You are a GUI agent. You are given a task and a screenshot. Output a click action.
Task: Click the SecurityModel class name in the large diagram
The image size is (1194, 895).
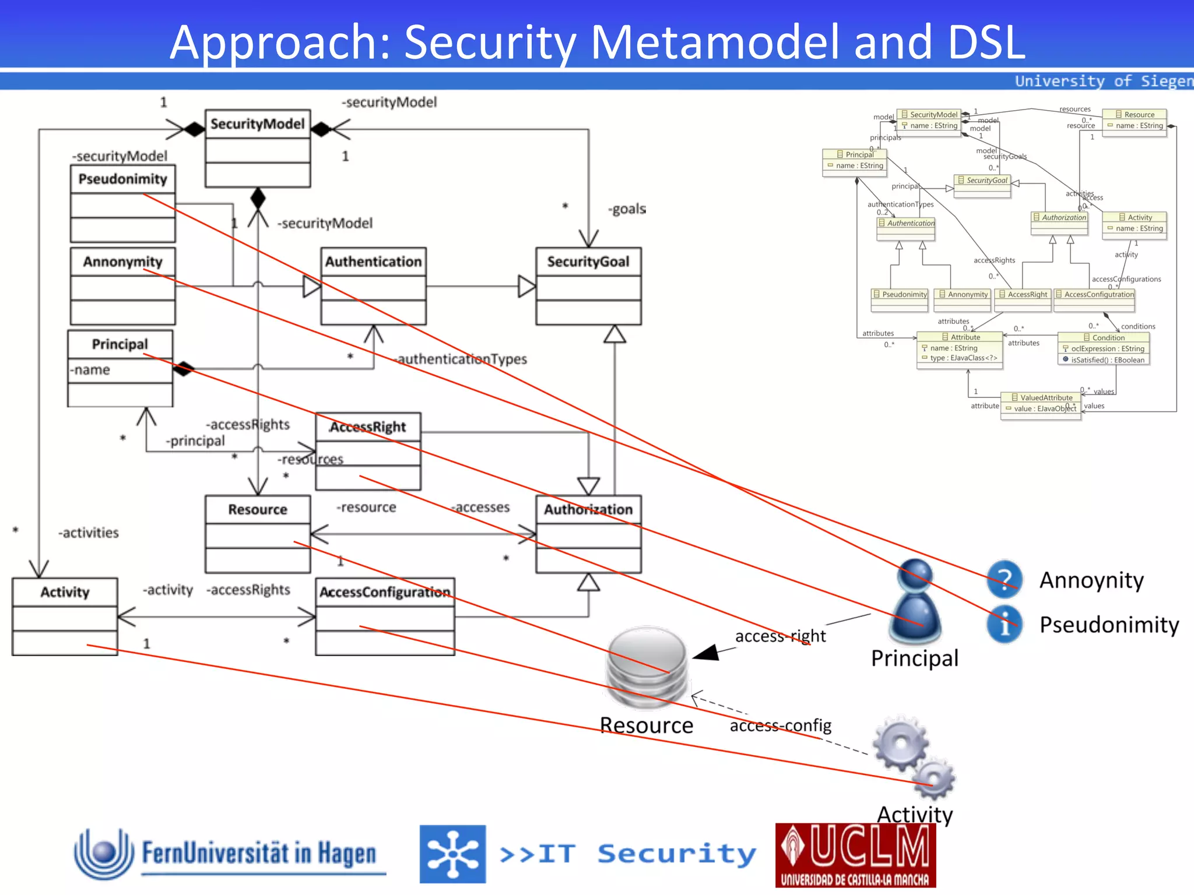click(x=257, y=124)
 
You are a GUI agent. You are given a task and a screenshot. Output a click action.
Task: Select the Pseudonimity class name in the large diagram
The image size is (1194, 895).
click(x=122, y=179)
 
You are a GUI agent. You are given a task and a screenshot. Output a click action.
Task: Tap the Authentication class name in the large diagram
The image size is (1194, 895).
click(x=373, y=262)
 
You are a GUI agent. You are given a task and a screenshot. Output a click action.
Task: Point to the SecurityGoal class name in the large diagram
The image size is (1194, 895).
click(x=588, y=262)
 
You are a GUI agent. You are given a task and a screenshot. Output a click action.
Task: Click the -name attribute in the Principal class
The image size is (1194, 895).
click(x=90, y=370)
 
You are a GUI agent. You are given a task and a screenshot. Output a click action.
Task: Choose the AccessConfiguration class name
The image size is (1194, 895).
click(x=384, y=592)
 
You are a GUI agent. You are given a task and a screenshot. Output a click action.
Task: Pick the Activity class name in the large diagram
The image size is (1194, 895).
click(x=65, y=592)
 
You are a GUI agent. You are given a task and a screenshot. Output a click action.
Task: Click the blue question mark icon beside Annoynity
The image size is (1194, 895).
click(x=1005, y=579)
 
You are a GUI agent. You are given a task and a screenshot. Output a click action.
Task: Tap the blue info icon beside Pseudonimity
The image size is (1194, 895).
click(x=1004, y=625)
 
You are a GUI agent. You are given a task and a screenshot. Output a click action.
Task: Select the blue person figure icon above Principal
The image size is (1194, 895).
click(x=915, y=600)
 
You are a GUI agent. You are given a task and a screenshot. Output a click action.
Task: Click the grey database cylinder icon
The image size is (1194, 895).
click(x=647, y=667)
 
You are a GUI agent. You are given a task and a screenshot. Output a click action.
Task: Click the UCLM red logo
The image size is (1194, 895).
click(x=855, y=855)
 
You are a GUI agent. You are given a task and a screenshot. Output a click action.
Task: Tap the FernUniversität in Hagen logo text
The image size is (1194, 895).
click(x=259, y=854)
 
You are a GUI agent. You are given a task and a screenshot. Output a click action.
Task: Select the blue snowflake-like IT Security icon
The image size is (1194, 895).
click(x=452, y=854)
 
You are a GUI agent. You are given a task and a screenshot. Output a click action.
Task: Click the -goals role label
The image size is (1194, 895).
click(x=627, y=209)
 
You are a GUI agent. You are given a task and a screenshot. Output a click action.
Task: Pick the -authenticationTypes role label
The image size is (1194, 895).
click(x=462, y=359)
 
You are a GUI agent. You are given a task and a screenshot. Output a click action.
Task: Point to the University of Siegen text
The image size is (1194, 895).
click(x=1103, y=81)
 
